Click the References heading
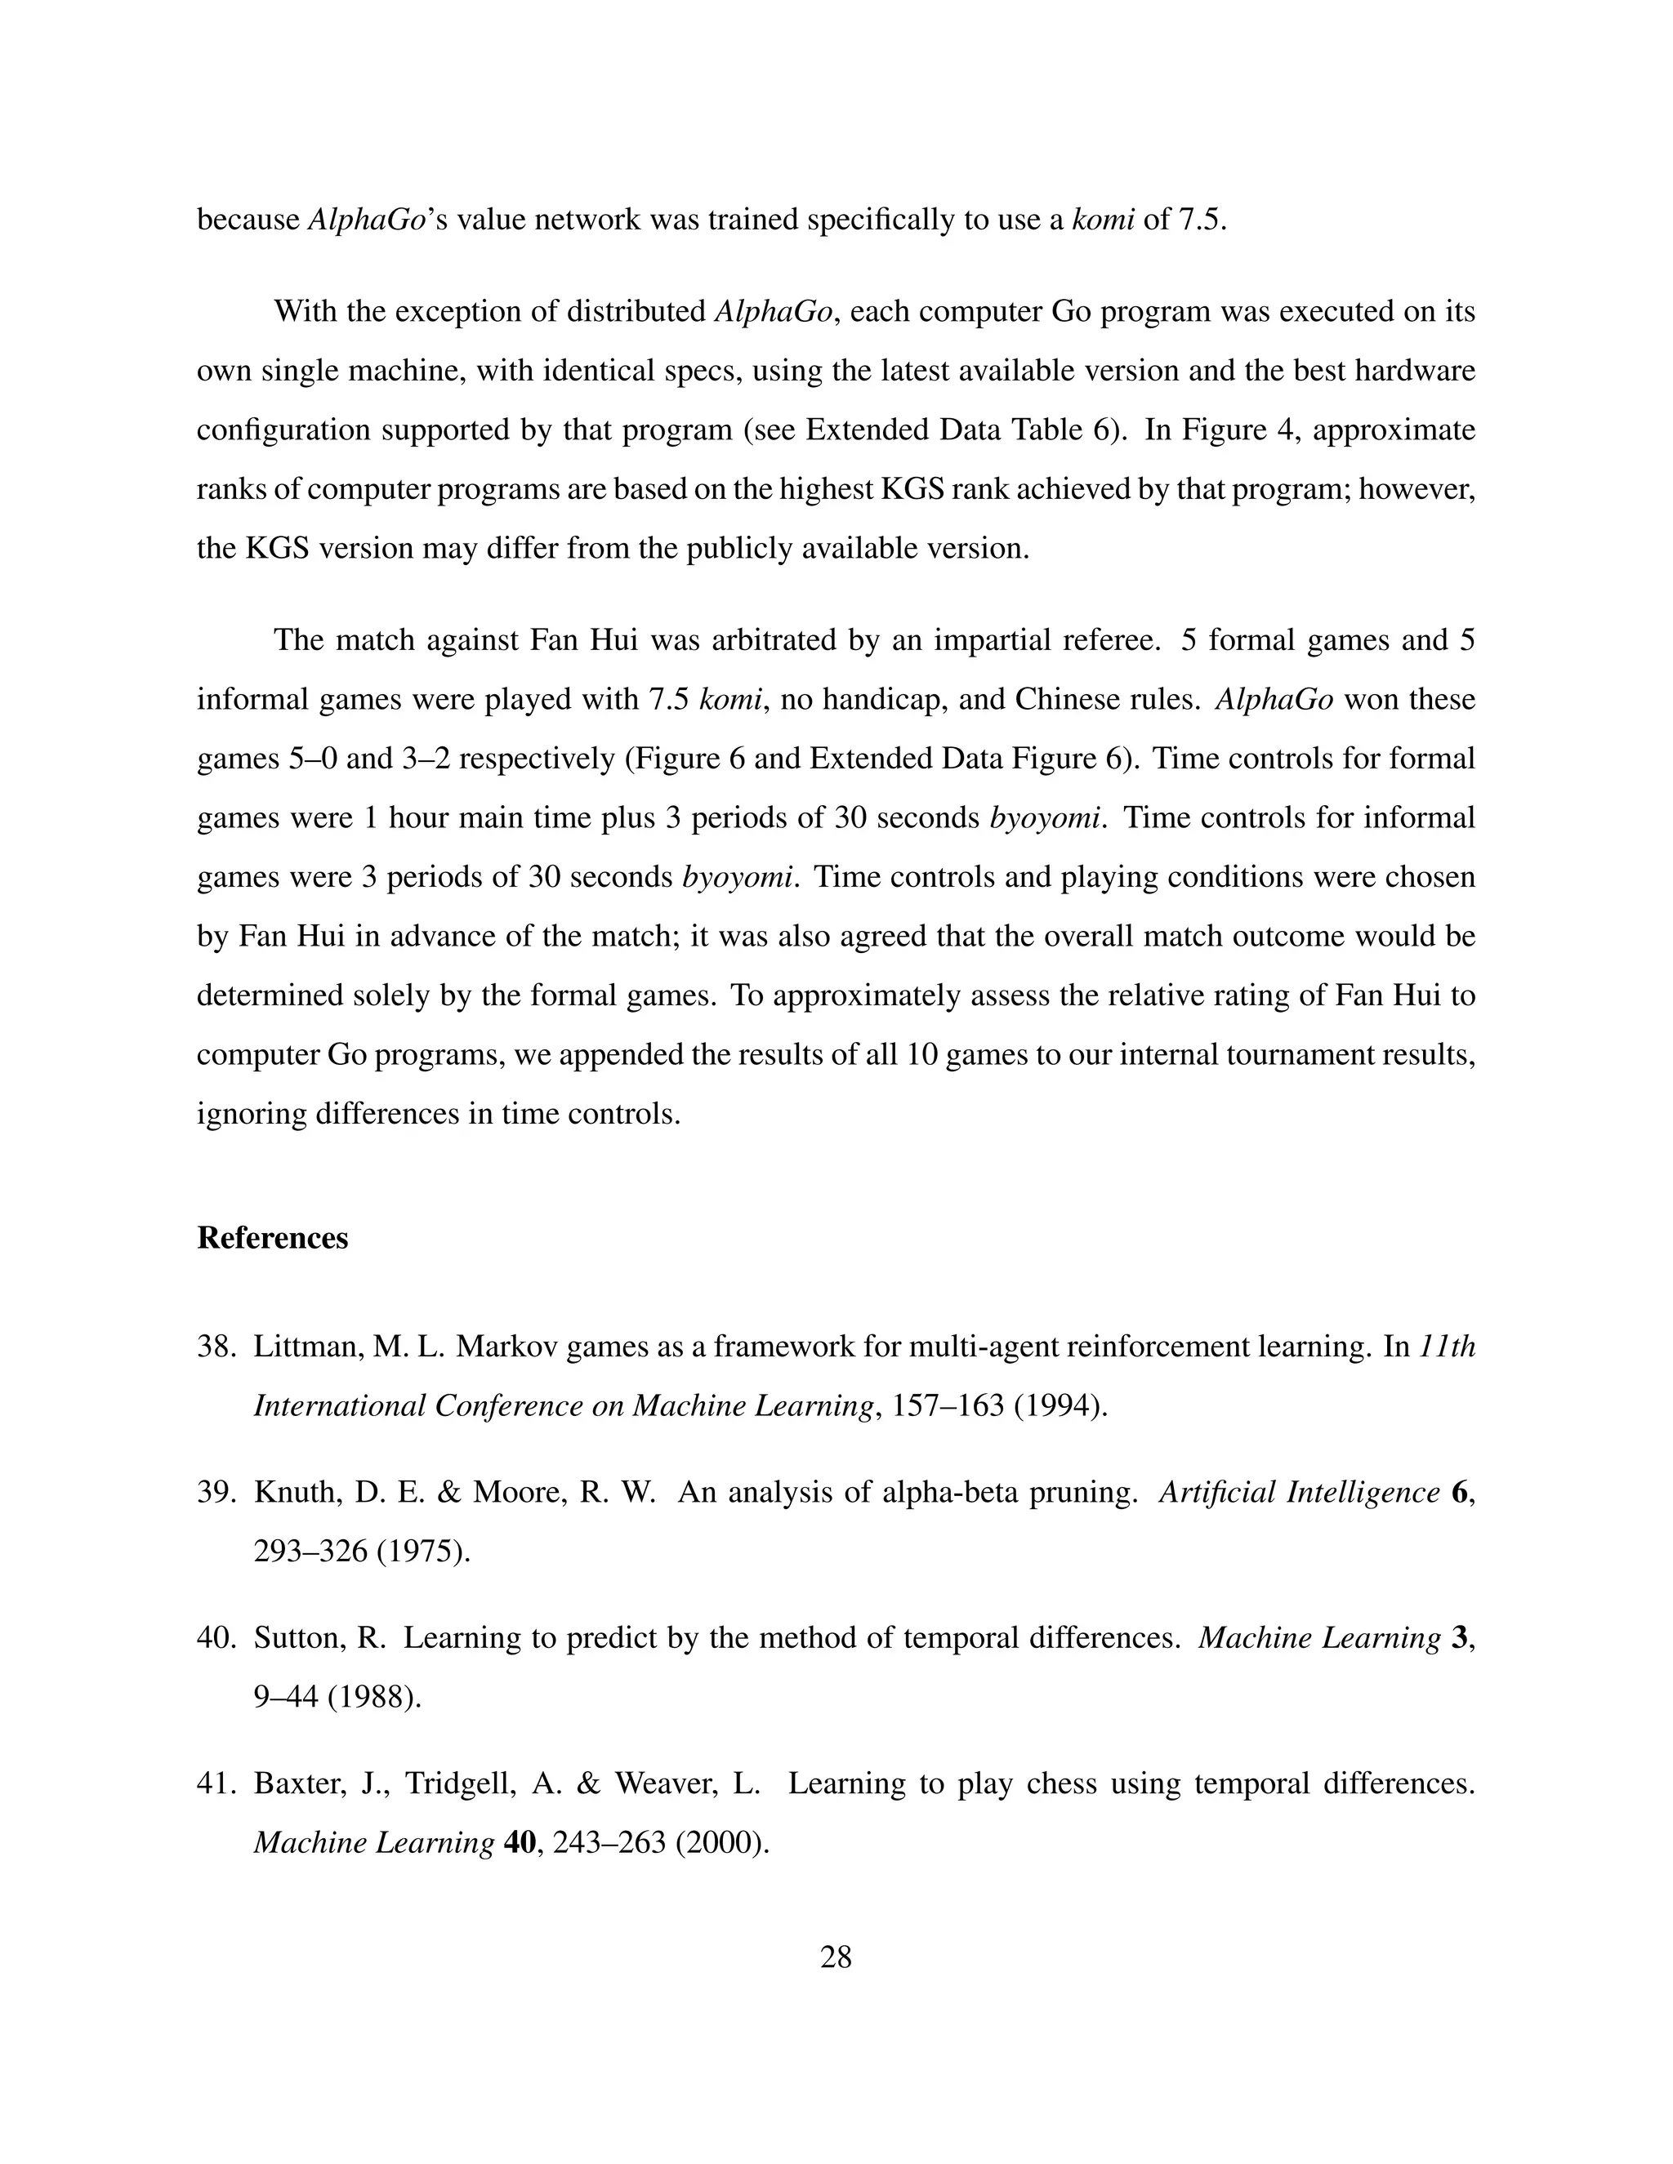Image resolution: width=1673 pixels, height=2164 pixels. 273,1239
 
